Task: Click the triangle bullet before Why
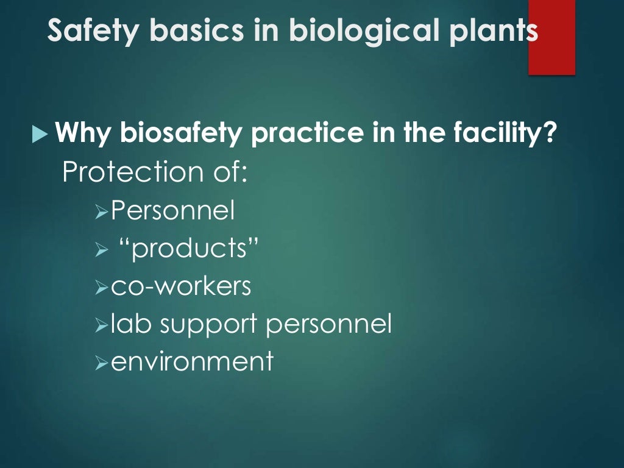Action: pyautogui.click(x=40, y=133)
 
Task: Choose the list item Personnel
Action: pyautogui.click(x=173, y=211)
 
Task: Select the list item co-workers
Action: pyautogui.click(x=181, y=286)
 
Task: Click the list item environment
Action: pyautogui.click(x=192, y=362)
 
